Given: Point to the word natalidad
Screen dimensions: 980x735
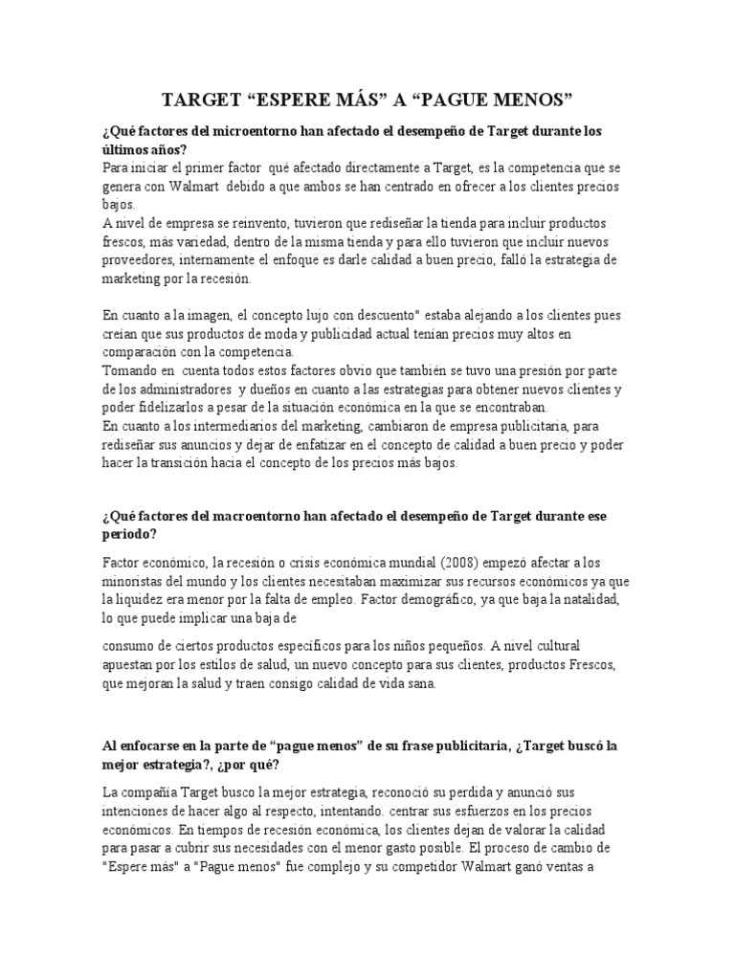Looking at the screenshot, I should coord(595,599).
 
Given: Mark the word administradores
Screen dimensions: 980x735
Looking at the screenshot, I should coord(182,389).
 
